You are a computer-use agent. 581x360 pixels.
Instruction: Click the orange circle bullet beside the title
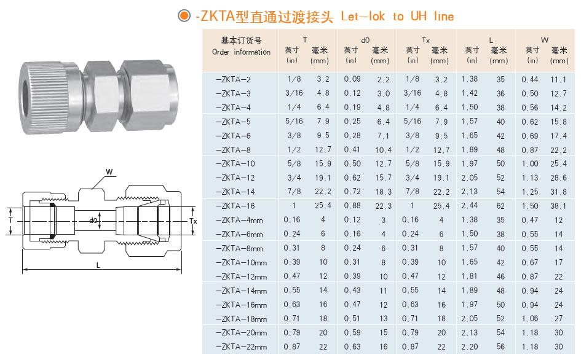(x=184, y=15)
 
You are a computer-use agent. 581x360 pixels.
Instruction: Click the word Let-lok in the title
(x=363, y=17)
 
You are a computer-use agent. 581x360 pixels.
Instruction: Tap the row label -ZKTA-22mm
(x=241, y=347)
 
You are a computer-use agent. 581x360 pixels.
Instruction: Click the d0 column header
(x=365, y=40)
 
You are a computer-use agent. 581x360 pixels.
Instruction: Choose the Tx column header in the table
(x=425, y=40)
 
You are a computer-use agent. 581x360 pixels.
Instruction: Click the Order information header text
(x=241, y=52)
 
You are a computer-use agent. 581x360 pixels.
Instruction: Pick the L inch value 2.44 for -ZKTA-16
(x=470, y=206)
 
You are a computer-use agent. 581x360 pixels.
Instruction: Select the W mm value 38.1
(x=558, y=206)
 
